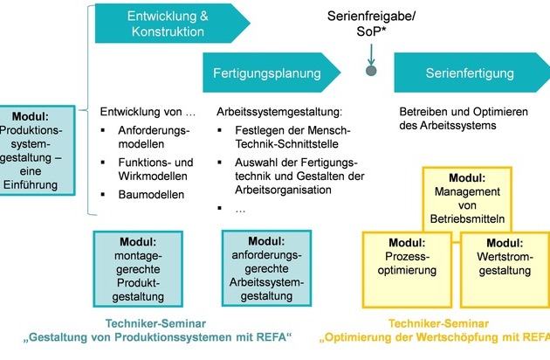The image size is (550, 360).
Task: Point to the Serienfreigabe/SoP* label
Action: [371, 24]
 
